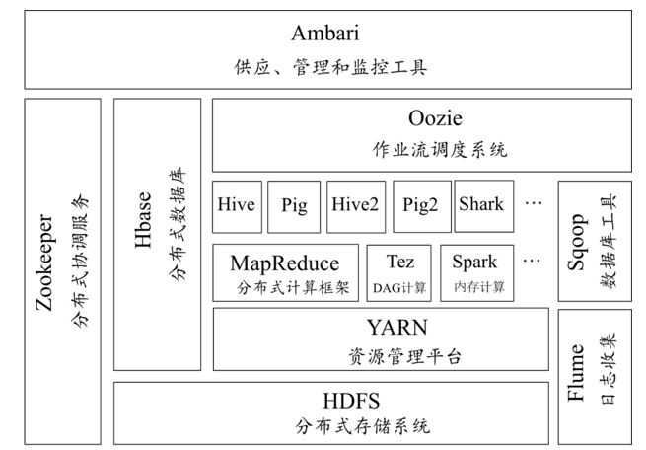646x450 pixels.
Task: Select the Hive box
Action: (x=236, y=206)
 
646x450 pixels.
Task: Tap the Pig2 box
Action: (x=420, y=206)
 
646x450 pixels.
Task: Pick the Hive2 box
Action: (x=356, y=206)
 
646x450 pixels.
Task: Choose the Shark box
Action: (x=480, y=206)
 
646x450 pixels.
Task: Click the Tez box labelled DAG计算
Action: (x=399, y=272)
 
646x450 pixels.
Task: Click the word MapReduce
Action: (x=284, y=262)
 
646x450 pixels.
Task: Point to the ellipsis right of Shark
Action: (x=534, y=205)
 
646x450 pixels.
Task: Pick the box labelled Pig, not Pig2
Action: (x=293, y=206)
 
